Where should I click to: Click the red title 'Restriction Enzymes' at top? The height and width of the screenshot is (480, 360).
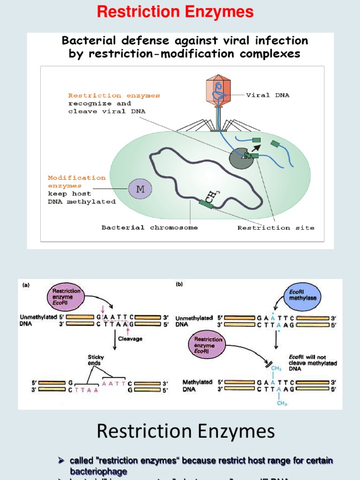[x=175, y=12]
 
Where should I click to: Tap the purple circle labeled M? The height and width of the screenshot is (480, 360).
[x=140, y=190]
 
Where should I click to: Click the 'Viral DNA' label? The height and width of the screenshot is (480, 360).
[x=268, y=95]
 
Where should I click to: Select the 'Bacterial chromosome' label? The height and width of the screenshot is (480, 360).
[x=150, y=228]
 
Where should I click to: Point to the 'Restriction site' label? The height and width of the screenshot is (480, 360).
[x=276, y=228]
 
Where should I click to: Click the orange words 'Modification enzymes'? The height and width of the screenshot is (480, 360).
[x=77, y=181]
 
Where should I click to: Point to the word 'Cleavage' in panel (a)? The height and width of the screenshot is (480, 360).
[x=130, y=338]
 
